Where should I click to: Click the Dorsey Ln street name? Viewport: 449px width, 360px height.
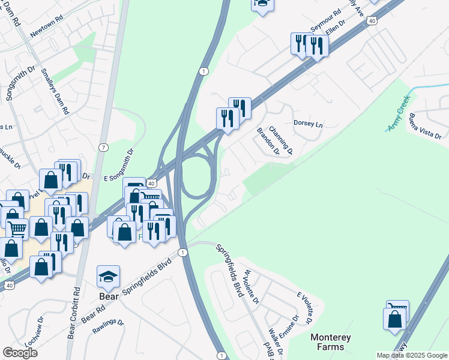308,124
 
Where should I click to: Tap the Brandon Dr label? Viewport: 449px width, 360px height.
268,142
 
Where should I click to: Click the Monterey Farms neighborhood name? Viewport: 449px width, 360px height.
331,342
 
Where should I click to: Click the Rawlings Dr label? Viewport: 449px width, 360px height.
109,326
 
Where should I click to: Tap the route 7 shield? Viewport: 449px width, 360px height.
104,147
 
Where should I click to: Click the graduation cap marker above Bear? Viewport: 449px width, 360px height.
109,277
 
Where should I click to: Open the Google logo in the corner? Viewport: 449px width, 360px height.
20,352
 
